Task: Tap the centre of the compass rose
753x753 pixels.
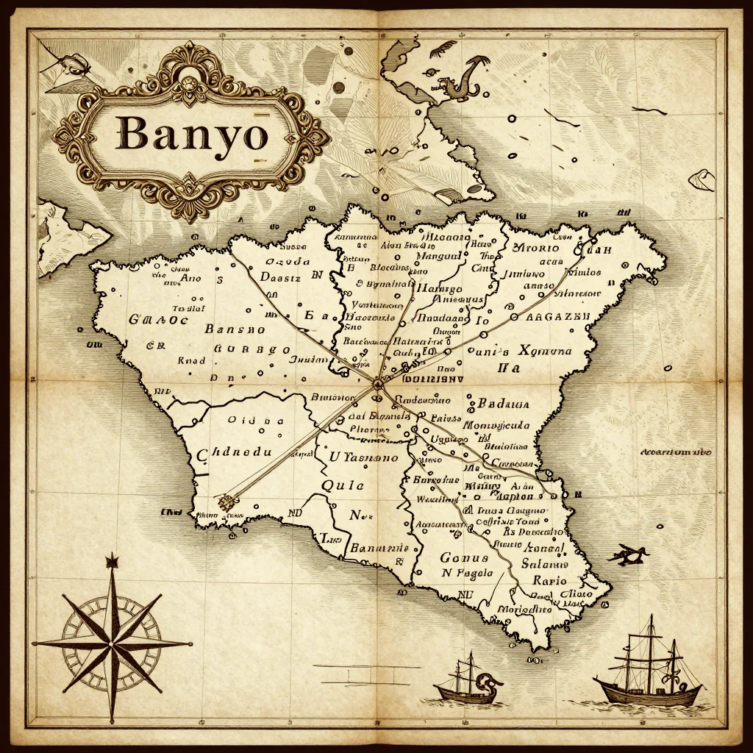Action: point(112,643)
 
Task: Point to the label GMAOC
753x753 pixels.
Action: point(158,320)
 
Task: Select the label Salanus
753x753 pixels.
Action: point(545,564)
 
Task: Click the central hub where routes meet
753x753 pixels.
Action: point(377,384)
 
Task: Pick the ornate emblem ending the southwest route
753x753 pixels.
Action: point(227,502)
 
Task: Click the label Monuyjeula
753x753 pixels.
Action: point(496,426)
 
